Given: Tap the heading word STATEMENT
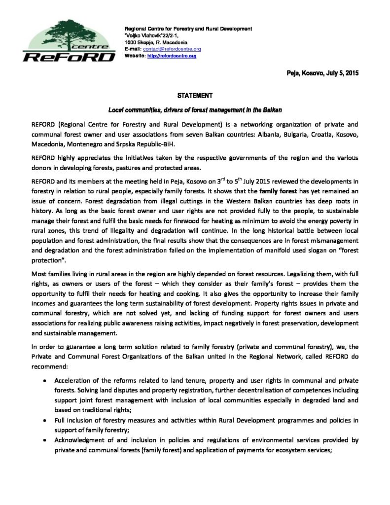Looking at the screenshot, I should click(x=195, y=96).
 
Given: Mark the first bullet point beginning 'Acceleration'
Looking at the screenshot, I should click(x=46, y=382).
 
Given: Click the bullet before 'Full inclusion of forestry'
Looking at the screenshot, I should click(x=46, y=420).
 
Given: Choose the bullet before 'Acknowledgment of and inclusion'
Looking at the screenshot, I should click(x=46, y=439).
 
